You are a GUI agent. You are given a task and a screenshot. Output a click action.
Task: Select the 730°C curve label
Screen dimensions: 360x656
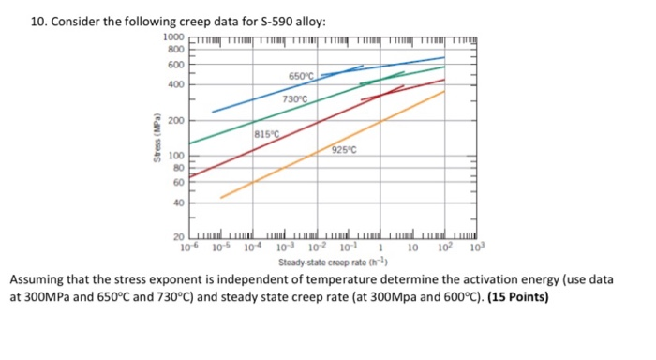pyautogui.click(x=295, y=97)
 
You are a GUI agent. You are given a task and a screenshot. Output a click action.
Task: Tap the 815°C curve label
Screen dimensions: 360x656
pyautogui.click(x=266, y=137)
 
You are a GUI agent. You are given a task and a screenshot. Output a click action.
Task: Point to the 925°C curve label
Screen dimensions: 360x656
pyautogui.click(x=345, y=150)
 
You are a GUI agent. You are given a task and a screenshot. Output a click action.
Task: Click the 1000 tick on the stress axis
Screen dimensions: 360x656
pyautogui.click(x=175, y=36)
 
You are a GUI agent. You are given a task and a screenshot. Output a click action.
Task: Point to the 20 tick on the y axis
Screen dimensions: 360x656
pyautogui.click(x=180, y=237)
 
